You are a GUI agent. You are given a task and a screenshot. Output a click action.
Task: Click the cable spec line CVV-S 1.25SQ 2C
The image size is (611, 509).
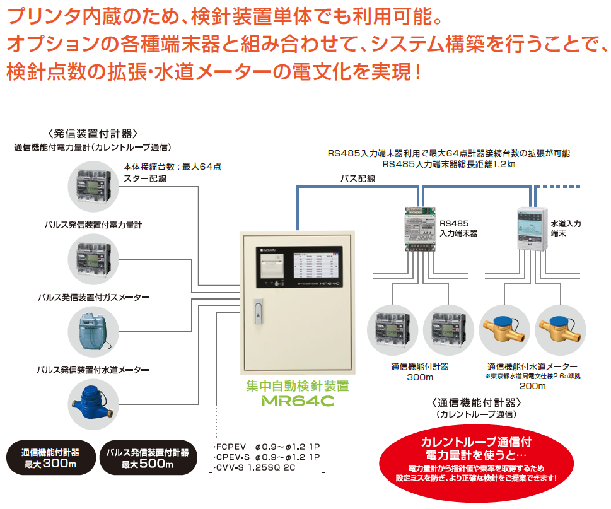click(x=255, y=468)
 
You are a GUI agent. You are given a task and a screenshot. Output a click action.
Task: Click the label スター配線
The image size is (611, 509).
click(x=145, y=178)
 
